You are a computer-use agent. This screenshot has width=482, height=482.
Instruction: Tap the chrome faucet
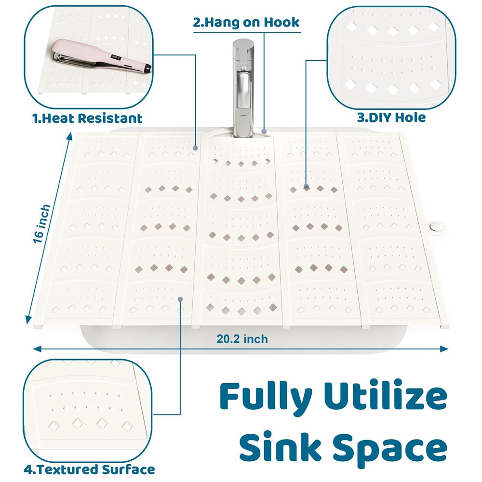click(x=243, y=88)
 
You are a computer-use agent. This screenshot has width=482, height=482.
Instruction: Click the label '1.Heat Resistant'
click(x=87, y=119)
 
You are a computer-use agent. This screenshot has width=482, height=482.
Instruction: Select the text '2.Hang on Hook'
click(x=246, y=23)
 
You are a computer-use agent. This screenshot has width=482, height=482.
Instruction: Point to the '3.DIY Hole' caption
click(x=391, y=118)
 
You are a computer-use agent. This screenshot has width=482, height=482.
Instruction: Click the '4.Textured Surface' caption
click(x=90, y=469)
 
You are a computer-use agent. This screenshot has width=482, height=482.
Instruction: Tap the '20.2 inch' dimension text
click(x=242, y=339)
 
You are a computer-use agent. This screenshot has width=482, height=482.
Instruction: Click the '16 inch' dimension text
click(x=41, y=224)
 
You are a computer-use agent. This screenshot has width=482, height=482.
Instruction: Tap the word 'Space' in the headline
click(x=390, y=450)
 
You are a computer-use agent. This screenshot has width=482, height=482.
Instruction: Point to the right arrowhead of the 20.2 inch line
click(x=444, y=348)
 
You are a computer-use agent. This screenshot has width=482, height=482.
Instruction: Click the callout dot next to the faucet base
click(x=264, y=131)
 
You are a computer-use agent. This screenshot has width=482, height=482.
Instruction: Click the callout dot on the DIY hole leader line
click(x=306, y=186)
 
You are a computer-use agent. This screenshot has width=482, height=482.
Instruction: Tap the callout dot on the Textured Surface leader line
click(x=180, y=299)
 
